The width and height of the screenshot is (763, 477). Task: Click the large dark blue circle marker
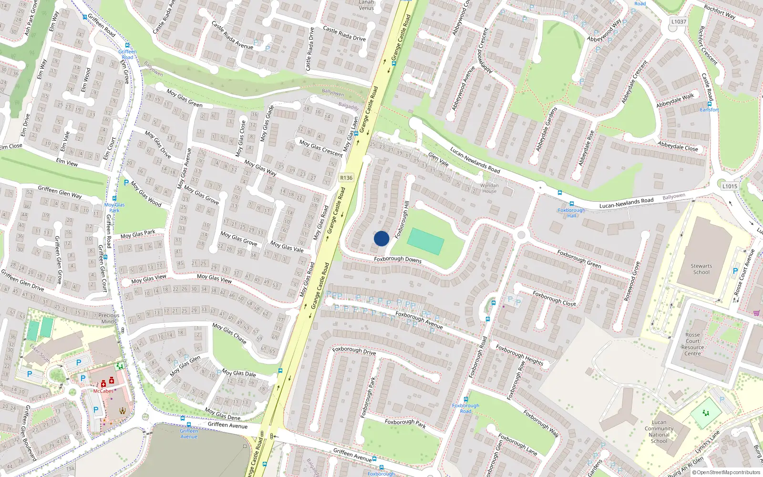pos(381,238)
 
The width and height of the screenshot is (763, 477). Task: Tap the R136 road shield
pos(346,178)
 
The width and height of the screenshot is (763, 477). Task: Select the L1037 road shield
pos(679,21)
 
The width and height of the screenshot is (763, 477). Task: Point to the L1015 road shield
pos(730,186)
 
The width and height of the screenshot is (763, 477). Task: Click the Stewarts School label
pos(701,269)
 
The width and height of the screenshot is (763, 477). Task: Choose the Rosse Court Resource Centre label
pos(692,344)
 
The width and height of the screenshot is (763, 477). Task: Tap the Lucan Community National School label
pos(659,432)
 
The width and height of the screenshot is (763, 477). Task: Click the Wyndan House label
pos(489,188)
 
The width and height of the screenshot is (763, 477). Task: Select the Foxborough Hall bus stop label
pos(571,213)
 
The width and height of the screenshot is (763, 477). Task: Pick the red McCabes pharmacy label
pos(103,391)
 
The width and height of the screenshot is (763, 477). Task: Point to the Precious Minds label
pos(109,318)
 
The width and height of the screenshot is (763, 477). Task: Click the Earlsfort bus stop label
pos(709,110)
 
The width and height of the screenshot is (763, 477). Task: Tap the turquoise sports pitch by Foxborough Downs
pos(426,241)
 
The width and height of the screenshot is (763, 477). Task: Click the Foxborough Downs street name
pos(398,259)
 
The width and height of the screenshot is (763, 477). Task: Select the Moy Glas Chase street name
pos(229,333)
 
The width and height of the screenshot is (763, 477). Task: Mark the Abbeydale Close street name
pos(678,146)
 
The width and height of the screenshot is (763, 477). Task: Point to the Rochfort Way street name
pos(720,11)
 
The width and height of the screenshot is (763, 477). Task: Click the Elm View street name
pos(67,163)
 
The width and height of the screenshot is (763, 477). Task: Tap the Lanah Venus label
pos(366,5)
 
